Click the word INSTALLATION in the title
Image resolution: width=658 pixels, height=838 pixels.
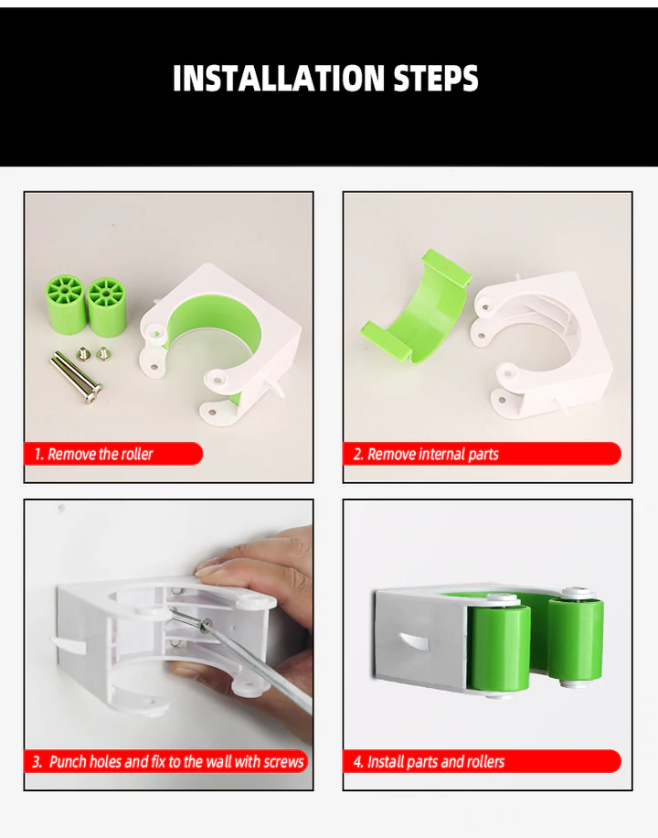pos(279,79)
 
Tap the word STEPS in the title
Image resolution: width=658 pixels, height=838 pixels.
pos(436,79)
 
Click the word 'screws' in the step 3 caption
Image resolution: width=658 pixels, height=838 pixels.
pos(283,761)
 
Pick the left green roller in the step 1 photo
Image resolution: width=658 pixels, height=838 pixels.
pos(66,304)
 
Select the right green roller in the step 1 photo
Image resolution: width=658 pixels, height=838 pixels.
pos(107,306)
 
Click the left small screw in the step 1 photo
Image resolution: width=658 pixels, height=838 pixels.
pos(83,353)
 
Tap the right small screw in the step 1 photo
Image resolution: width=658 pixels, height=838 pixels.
pos(103,353)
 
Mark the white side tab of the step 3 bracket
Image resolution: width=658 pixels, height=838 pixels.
pos(69,644)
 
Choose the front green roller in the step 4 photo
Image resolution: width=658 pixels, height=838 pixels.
pos(499,649)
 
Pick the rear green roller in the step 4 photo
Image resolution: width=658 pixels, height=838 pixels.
pos(576,639)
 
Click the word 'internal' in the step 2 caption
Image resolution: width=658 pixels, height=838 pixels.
pos(442,454)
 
